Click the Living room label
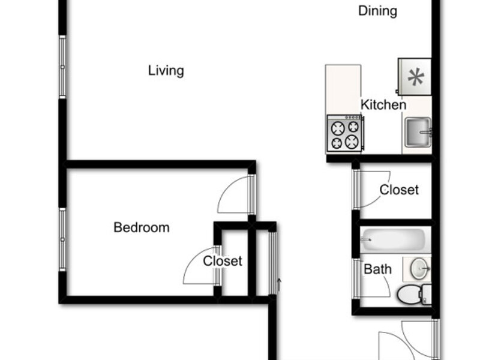(166, 71)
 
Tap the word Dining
(378, 11)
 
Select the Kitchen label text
(383, 104)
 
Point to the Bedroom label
(142, 227)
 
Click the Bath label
(377, 269)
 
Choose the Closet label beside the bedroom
(223, 261)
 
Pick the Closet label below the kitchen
(399, 190)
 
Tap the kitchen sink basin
(418, 132)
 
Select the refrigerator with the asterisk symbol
(414, 77)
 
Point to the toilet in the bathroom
(414, 295)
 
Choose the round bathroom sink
(419, 269)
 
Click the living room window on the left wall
(62, 67)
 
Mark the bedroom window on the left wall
(62, 239)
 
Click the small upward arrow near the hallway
(279, 284)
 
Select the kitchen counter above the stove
(343, 89)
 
